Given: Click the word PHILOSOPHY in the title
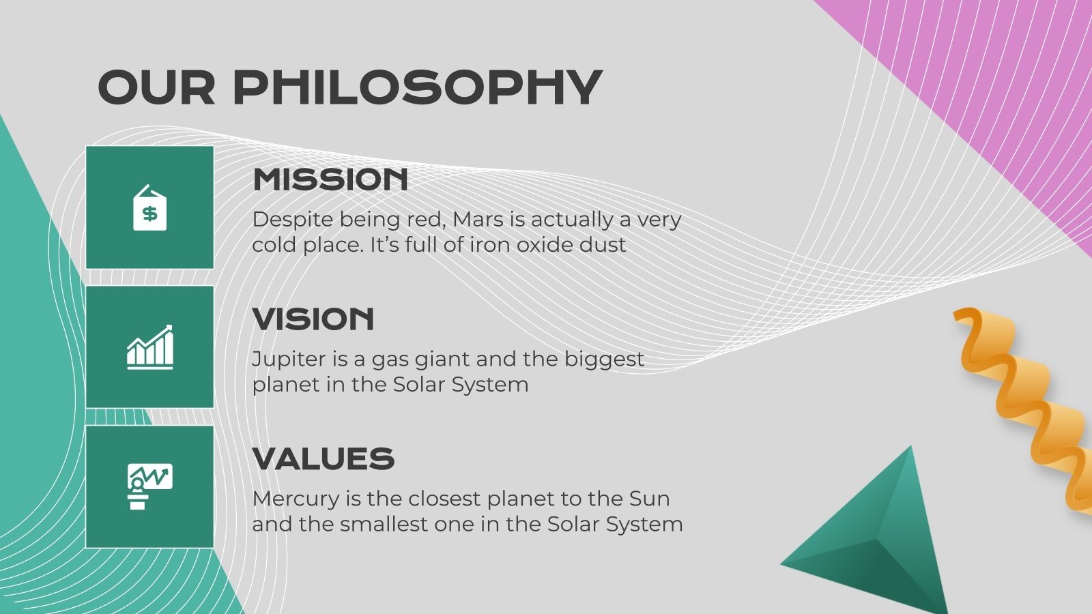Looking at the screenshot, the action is tap(418, 87).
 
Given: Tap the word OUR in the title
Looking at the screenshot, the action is tap(156, 87).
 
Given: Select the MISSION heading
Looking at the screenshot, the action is tap(330, 179).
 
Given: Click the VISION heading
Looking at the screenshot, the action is tap(313, 319).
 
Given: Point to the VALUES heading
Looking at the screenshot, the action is tap(324, 458).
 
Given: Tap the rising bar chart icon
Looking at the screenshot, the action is tap(150, 347).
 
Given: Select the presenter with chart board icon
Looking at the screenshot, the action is tap(150, 486).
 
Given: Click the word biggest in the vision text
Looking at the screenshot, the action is tap(604, 360).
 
